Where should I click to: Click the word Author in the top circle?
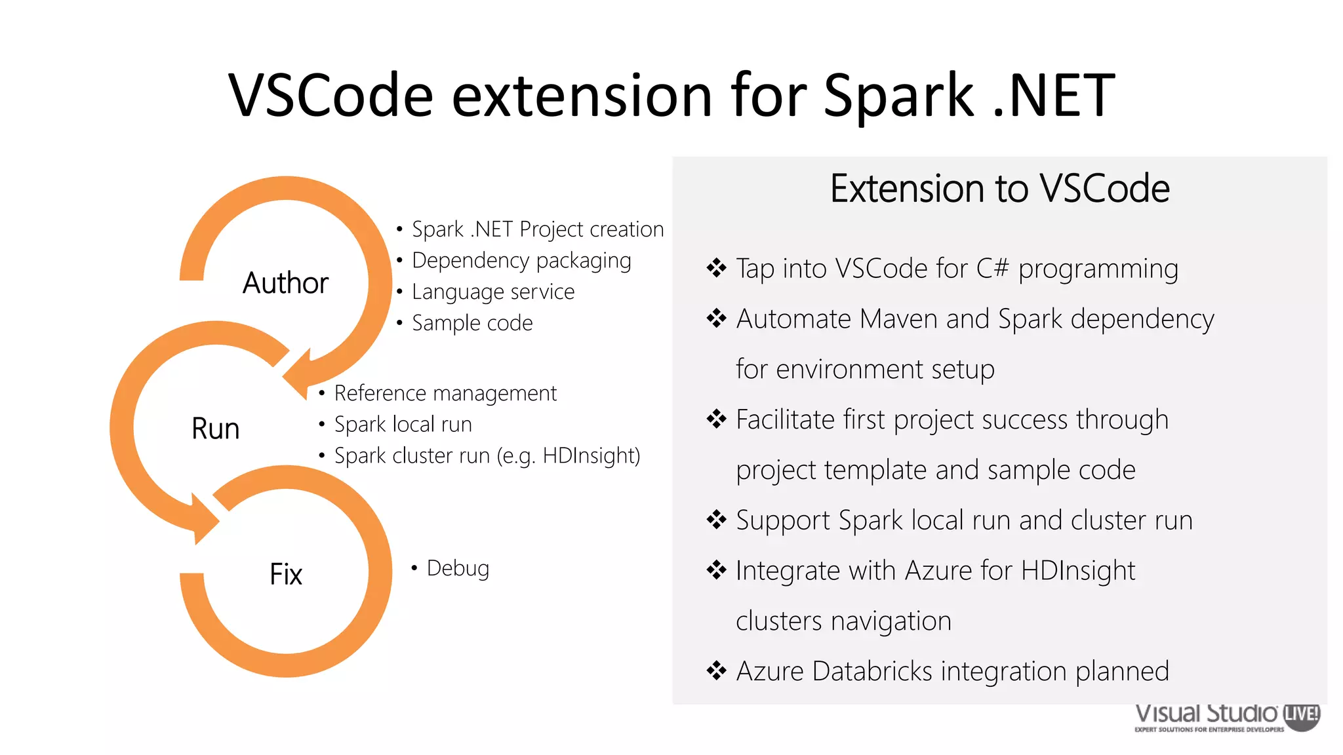click(285, 283)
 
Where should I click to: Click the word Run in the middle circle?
click(215, 429)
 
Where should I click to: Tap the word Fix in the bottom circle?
click(286, 574)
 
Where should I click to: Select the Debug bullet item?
click(458, 568)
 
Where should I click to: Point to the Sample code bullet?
click(472, 323)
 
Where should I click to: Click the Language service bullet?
click(493, 292)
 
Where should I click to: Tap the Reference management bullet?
click(445, 393)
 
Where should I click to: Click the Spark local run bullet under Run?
click(403, 425)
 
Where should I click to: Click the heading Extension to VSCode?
click(999, 189)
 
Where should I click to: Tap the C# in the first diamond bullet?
click(992, 269)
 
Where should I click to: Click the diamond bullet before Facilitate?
click(716, 419)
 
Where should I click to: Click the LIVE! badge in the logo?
click(1301, 714)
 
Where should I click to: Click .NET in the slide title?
click(1053, 96)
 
